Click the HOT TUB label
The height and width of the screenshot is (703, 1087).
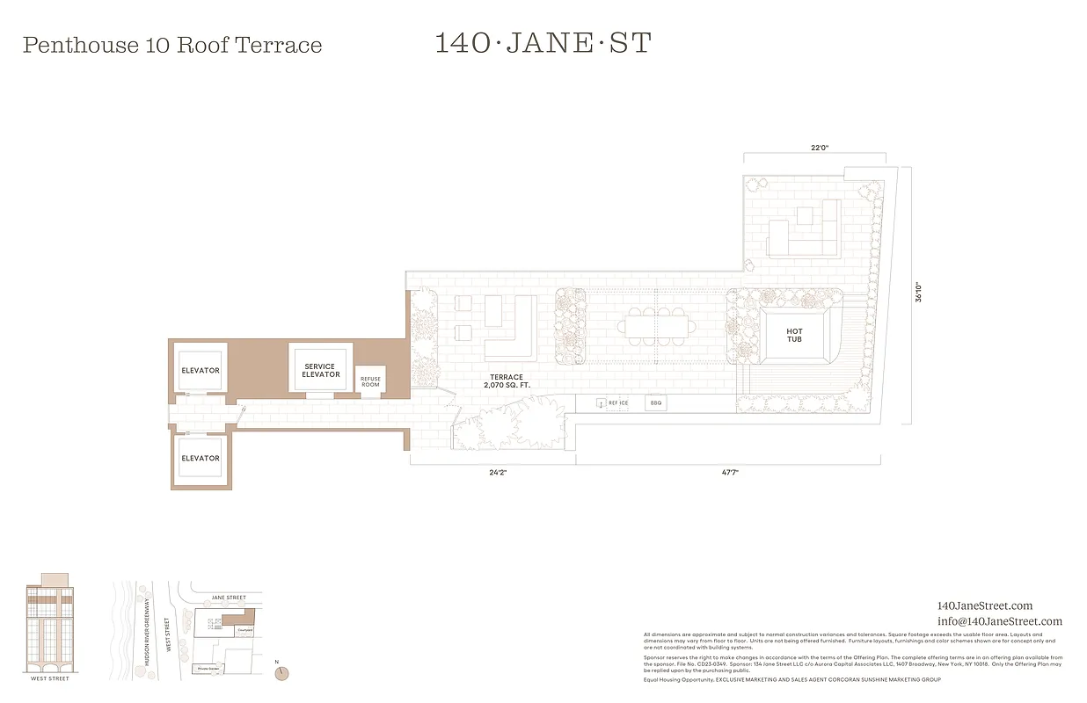tap(794, 335)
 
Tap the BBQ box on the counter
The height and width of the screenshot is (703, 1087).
tap(654, 402)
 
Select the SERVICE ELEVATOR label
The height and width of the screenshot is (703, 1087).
tap(321, 370)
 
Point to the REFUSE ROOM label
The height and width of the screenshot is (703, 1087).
tap(370, 381)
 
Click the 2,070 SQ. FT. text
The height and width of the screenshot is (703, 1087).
tap(507, 385)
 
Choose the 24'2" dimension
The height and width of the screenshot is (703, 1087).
tap(498, 472)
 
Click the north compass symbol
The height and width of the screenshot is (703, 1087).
tap(281, 672)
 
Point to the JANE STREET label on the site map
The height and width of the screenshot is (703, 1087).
tap(229, 598)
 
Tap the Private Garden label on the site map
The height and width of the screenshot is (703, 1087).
tap(207, 669)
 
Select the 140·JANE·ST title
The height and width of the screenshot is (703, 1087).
tap(543, 43)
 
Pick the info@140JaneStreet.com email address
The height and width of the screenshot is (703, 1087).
tap(1000, 621)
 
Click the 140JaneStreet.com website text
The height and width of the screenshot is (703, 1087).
tap(985, 605)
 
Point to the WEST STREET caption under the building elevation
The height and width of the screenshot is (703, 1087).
tap(50, 678)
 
